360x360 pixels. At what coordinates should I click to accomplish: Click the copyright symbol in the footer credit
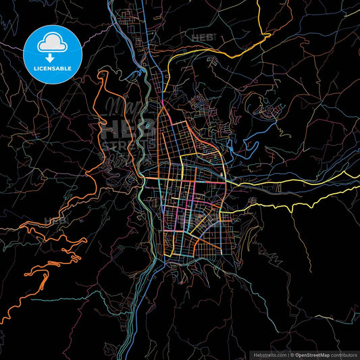(x=292, y=354)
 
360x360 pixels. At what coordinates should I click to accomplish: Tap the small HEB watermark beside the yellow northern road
(x=202, y=38)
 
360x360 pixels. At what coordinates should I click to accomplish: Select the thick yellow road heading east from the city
(x=297, y=200)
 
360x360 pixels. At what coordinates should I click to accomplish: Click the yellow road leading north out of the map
(x=259, y=20)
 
